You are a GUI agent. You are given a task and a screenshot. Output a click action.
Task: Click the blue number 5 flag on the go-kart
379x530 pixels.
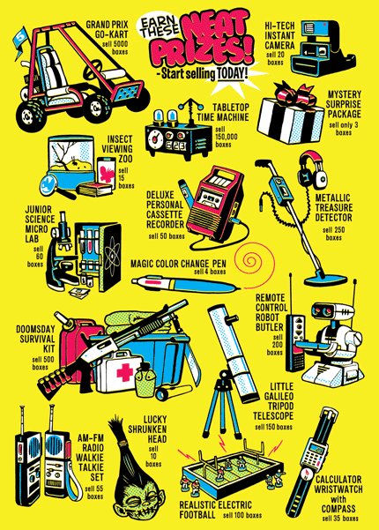[x=20, y=39]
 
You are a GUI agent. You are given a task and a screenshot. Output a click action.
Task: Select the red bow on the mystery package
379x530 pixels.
[x=296, y=96]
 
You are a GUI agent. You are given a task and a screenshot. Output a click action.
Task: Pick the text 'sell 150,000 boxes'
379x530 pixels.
[x=226, y=137]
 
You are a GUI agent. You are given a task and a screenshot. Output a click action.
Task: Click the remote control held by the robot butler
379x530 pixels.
[x=294, y=341]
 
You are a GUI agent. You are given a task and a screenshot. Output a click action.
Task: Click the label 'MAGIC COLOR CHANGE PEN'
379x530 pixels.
[x=178, y=264]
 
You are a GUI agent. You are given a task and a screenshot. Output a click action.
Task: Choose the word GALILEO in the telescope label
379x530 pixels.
[x=279, y=396]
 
